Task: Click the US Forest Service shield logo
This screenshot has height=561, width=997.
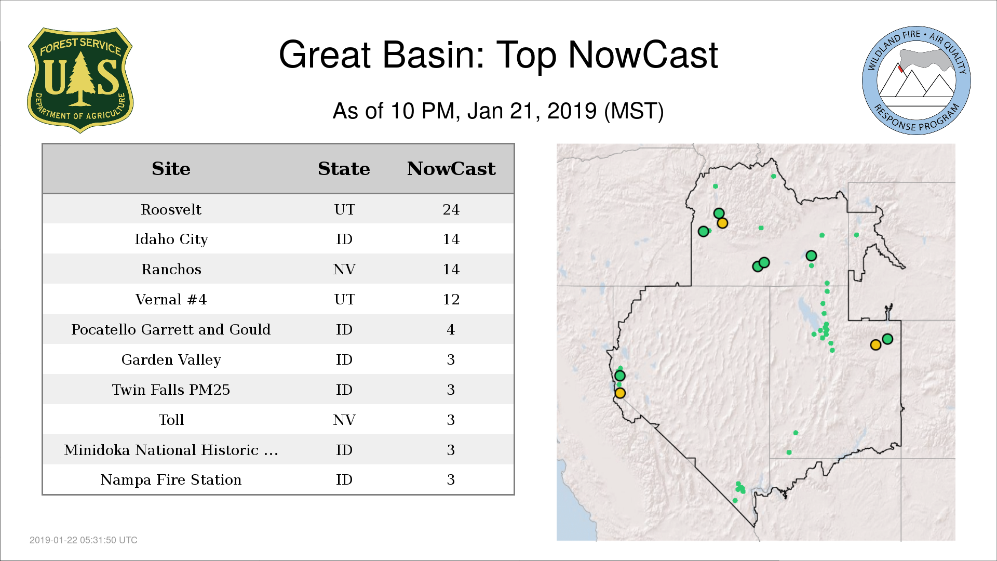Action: pos(80,80)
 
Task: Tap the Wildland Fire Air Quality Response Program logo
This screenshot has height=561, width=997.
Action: pos(916,81)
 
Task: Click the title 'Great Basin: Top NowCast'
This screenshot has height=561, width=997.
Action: pos(498,55)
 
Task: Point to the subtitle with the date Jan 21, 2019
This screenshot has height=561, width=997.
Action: pos(498,111)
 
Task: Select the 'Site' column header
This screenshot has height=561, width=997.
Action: pos(171,169)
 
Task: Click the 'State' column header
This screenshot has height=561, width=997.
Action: pos(344,169)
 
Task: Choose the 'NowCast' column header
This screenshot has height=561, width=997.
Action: pos(451,169)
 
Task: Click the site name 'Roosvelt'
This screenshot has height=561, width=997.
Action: pos(171,209)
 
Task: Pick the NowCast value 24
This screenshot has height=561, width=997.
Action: pos(451,209)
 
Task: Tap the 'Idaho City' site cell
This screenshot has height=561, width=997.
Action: pos(171,239)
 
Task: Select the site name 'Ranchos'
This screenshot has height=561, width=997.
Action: pos(171,269)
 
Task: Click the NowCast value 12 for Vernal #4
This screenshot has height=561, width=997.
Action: pos(451,299)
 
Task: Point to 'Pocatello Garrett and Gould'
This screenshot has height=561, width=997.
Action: pos(171,329)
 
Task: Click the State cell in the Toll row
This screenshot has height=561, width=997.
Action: pos(344,420)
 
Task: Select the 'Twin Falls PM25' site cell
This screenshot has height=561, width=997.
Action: pos(171,390)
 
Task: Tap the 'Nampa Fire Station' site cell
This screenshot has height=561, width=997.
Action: pos(171,479)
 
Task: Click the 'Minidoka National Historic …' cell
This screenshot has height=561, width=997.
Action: pos(171,450)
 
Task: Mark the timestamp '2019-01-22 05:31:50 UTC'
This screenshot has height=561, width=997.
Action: pos(84,540)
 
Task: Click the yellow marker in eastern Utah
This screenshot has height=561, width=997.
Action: pos(875,345)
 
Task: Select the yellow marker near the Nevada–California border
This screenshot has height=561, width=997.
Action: pos(620,393)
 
